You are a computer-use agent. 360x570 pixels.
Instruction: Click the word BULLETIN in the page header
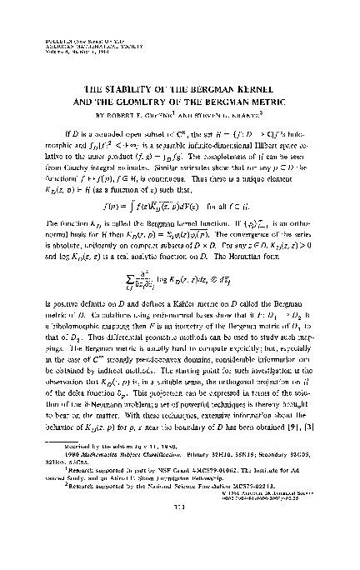tap(52, 39)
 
